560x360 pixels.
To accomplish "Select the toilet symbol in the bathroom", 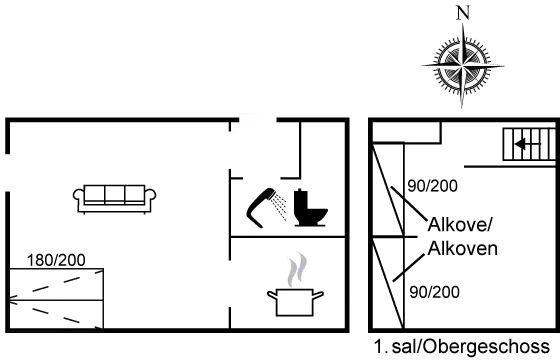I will pos(312,206).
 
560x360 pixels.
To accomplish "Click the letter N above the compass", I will pos(461,12).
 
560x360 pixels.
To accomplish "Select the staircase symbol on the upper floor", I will pos(528,146).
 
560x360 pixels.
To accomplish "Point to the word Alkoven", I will pos(461,247).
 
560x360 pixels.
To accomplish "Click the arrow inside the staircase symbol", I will pos(522,147).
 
